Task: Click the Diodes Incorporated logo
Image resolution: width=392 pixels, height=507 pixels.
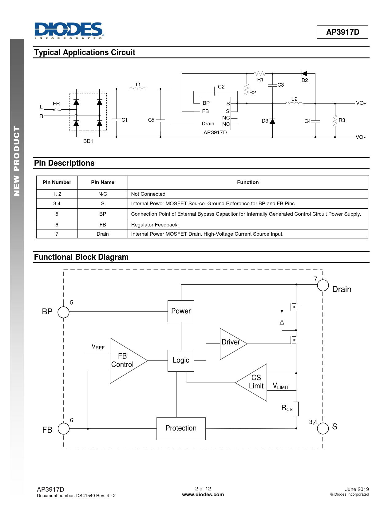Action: click(69, 30)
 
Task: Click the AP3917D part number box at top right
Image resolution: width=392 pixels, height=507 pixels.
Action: click(343, 32)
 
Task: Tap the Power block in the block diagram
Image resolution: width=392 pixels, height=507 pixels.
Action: click(181, 311)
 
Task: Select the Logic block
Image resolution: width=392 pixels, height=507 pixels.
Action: click(181, 360)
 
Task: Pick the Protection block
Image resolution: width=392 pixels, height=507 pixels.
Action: click(181, 428)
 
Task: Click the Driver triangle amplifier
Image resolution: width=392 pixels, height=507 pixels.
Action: click(231, 343)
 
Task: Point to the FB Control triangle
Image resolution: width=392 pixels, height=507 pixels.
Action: click(125, 360)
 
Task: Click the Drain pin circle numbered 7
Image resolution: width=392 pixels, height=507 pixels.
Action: click(323, 285)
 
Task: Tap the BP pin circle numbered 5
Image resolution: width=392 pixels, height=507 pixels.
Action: click(64, 312)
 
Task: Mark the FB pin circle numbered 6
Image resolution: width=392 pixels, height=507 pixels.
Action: click(64, 428)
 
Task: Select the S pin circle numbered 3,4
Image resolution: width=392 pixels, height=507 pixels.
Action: click(323, 428)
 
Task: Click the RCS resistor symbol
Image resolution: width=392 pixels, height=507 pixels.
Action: click(296, 409)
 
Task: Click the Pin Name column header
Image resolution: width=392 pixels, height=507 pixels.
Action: click(103, 183)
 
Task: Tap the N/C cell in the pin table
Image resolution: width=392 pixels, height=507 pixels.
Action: click(103, 194)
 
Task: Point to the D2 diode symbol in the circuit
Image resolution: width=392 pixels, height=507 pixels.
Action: click(304, 74)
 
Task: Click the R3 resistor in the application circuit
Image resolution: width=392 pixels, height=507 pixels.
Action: click(335, 120)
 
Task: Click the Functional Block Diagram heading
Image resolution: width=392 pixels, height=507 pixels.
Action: click(81, 257)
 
